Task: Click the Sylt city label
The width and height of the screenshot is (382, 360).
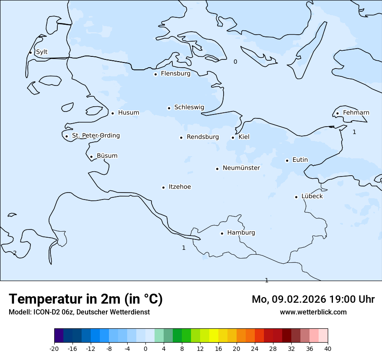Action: (x=42, y=52)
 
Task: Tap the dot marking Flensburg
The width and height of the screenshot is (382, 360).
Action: (x=155, y=74)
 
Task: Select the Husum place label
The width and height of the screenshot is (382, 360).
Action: (x=128, y=113)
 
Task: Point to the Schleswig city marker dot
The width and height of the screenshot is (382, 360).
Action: (x=169, y=108)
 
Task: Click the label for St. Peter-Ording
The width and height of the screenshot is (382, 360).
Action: (x=95, y=136)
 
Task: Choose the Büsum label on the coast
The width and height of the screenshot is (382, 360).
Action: (x=107, y=156)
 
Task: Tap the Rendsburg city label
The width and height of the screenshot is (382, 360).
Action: (x=203, y=137)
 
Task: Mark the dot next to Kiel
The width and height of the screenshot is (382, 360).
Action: (x=233, y=138)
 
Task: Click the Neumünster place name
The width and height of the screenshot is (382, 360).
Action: (x=241, y=168)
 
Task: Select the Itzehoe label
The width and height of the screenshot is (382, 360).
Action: (x=180, y=187)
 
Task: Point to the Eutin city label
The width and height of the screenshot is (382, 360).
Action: (x=300, y=160)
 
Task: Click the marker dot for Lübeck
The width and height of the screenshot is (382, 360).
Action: (x=296, y=197)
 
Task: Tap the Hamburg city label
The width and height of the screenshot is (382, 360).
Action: (x=241, y=233)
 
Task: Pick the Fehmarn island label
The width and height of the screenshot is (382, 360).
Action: (x=356, y=113)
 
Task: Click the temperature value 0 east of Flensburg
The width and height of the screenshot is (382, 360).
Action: (x=235, y=62)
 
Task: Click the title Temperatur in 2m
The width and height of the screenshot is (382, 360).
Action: (x=86, y=299)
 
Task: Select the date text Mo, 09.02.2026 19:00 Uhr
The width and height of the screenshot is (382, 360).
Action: (x=313, y=299)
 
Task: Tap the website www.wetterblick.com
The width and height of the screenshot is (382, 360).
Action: (x=313, y=312)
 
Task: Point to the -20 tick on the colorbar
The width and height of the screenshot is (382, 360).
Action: (x=54, y=348)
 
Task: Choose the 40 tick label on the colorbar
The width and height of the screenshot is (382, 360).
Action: (x=328, y=348)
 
